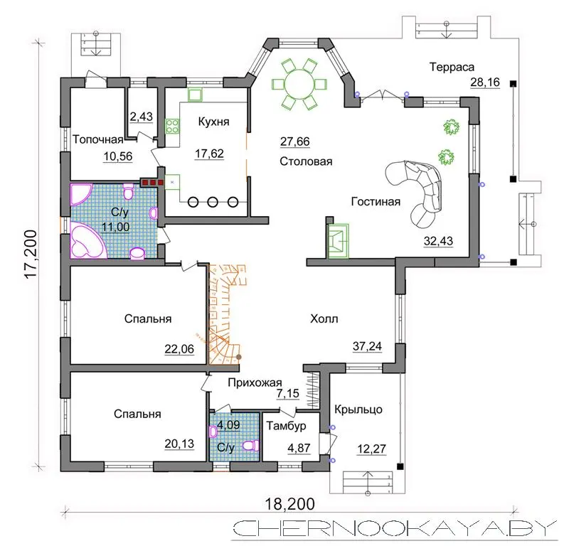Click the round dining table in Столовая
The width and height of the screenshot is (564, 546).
(299, 84)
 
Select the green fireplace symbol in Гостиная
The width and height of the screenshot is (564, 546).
(338, 240)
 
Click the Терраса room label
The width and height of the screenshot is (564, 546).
(452, 67)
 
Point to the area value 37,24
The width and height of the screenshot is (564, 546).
(367, 346)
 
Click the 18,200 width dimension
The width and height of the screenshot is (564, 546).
(289, 504)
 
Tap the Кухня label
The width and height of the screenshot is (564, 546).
(213, 122)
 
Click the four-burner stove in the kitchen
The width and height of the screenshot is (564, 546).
(172, 126)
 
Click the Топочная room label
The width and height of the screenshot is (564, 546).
(98, 139)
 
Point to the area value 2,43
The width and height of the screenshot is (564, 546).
(141, 117)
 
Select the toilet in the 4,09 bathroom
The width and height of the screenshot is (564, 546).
(251, 446)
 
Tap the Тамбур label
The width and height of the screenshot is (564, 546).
(287, 426)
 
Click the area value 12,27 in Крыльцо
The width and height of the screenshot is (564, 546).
(371, 449)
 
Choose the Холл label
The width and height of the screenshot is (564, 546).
(324, 318)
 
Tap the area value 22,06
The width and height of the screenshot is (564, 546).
(179, 348)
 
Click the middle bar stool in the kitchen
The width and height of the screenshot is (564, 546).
(213, 202)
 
